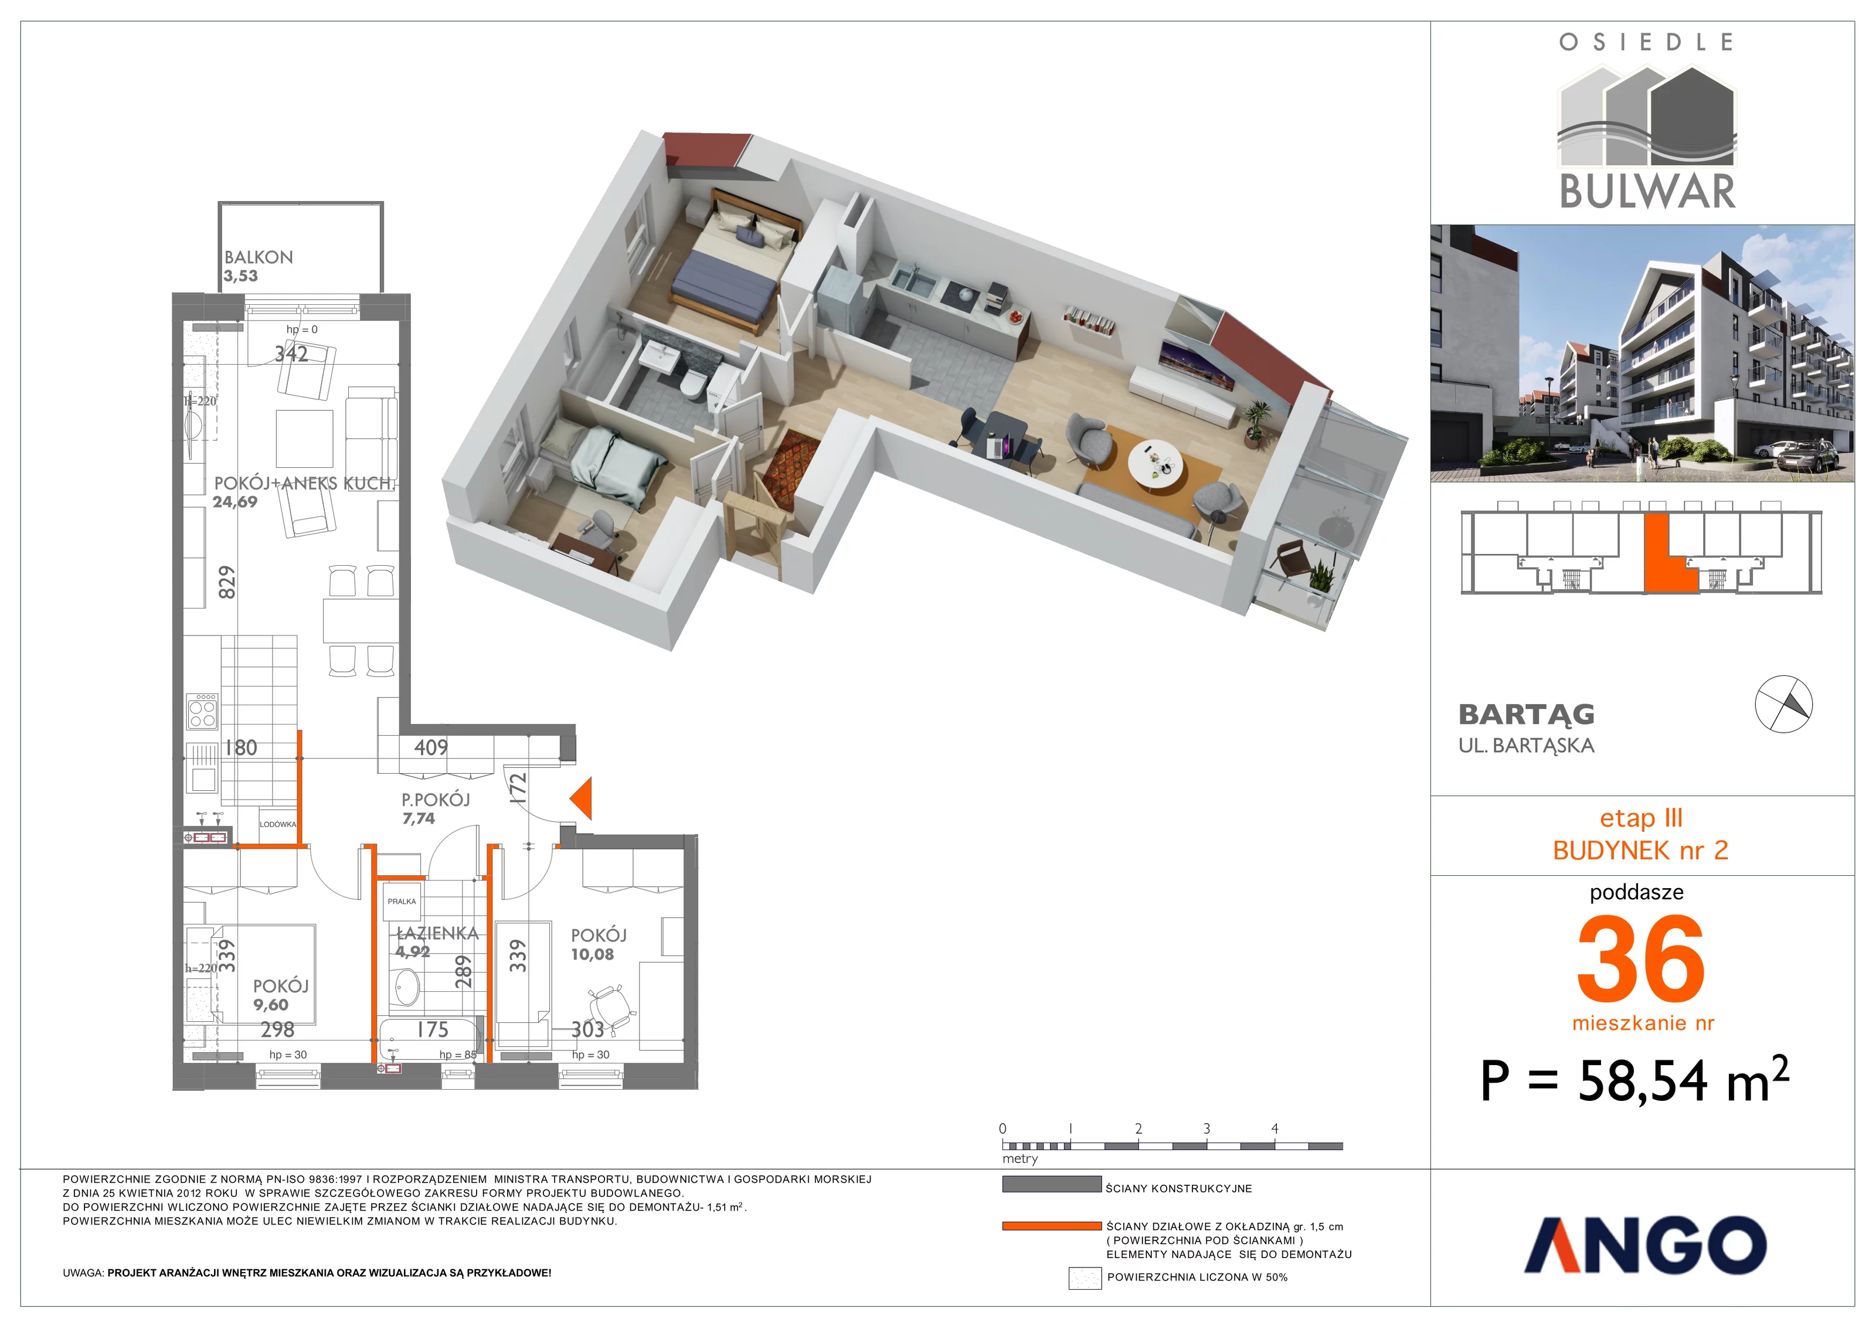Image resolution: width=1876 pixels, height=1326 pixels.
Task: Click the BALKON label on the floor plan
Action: click(258, 257)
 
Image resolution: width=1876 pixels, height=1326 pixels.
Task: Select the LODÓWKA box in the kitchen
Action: click(278, 824)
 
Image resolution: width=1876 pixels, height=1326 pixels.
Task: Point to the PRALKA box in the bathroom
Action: click(402, 901)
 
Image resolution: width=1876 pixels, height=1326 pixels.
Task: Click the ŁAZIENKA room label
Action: click(437, 933)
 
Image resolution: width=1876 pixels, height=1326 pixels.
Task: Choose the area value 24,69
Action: click(235, 502)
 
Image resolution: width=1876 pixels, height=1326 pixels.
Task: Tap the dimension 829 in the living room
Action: click(227, 582)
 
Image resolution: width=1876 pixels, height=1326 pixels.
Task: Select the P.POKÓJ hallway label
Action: click(436, 800)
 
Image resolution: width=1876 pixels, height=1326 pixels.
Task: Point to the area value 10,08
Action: click(592, 954)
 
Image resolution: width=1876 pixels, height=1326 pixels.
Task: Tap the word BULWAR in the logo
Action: click(1647, 191)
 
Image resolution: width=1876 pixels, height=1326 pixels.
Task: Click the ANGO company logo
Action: click(1645, 1245)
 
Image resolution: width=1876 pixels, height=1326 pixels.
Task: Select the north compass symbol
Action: click(1784, 704)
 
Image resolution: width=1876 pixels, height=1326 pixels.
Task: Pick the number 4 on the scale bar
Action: click(1275, 1129)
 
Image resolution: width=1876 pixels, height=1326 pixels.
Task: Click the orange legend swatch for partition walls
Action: click(1052, 1226)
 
